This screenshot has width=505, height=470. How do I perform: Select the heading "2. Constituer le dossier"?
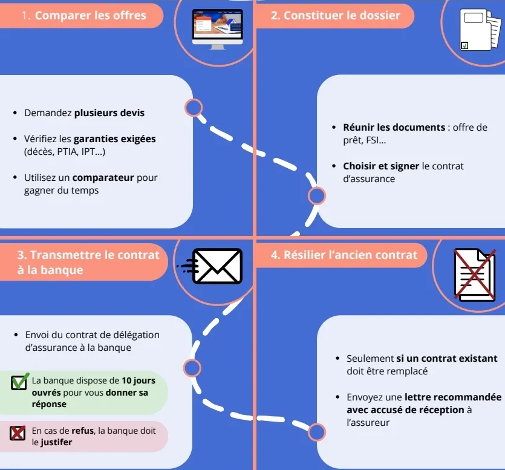335,16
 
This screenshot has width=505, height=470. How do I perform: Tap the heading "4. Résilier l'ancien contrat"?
344,255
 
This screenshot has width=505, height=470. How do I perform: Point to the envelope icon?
217,266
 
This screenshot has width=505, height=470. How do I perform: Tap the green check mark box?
19,382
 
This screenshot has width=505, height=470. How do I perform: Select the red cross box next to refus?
18,432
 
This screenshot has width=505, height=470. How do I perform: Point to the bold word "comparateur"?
103,178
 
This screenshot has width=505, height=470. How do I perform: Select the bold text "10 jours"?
138,380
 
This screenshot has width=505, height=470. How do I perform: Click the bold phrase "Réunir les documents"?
394,127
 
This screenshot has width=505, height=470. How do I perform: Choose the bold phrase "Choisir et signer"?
380,166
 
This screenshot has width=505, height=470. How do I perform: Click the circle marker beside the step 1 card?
193,108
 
